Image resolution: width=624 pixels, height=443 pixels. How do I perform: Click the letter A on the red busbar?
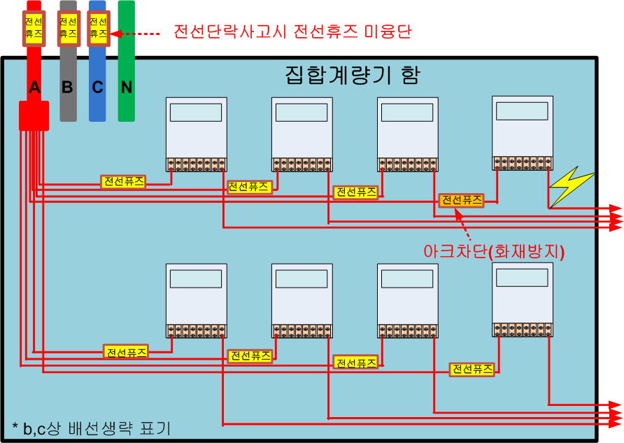click(34, 87)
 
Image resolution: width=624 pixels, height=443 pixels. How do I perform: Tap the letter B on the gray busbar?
click(67, 87)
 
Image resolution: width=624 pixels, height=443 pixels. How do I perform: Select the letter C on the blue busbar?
click(97, 87)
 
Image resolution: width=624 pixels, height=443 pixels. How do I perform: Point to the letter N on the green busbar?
click(127, 87)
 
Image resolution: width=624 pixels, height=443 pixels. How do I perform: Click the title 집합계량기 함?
click(352, 75)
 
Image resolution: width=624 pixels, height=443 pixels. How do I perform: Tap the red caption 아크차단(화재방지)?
click(494, 251)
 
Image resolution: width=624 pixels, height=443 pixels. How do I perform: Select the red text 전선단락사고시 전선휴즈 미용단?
click(292, 31)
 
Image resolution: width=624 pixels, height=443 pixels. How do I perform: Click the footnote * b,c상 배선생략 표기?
click(92, 428)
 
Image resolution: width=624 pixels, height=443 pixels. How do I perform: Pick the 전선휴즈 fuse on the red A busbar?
click(34, 28)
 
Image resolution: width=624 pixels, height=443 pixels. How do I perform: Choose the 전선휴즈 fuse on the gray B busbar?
click(69, 28)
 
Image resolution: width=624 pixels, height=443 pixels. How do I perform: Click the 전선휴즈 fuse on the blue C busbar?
click(99, 28)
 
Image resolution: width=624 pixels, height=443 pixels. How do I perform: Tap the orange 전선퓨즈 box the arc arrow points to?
click(462, 200)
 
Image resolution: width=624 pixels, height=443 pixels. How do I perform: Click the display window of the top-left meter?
click(196, 113)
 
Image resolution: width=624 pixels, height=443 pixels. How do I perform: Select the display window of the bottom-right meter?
click(522, 278)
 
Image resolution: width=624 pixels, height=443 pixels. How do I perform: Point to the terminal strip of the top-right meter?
click(523, 163)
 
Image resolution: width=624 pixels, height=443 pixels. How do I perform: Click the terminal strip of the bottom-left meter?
click(196, 331)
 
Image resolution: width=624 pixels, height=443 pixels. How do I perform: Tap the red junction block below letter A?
click(34, 115)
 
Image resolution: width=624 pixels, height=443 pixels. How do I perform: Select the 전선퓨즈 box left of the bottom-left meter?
click(126, 352)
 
